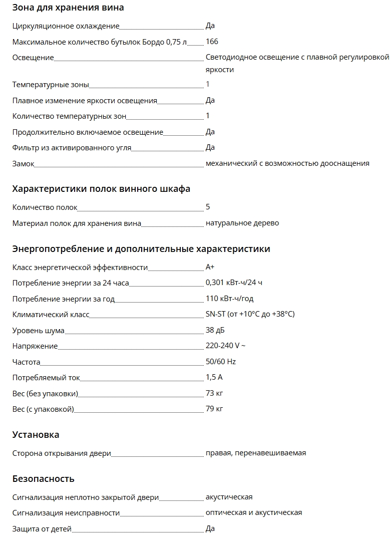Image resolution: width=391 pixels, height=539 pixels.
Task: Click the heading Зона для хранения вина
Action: (68, 8)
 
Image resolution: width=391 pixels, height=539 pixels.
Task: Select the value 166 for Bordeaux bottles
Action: (212, 42)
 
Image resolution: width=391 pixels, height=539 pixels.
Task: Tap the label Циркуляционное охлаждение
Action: (66, 26)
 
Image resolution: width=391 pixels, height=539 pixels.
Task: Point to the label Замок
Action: (23, 163)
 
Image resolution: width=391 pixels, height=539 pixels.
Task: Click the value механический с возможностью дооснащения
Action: (287, 163)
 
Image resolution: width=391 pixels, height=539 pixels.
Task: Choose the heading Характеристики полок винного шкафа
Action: (101, 189)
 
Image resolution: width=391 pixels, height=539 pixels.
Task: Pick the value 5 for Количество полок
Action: (208, 207)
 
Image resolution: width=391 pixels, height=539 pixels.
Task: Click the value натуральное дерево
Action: (242, 223)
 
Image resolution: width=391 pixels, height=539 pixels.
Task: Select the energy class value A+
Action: (210, 267)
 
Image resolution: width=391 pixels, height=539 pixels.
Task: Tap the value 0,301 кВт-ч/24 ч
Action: (234, 283)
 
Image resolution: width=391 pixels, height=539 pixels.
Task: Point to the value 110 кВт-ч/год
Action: (229, 299)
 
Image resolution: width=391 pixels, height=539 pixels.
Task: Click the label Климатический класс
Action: (51, 315)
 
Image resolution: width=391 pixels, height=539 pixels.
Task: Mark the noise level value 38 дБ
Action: (215, 330)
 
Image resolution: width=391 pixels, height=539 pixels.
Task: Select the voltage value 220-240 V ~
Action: (225, 346)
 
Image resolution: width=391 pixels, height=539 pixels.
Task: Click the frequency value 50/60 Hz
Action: (221, 362)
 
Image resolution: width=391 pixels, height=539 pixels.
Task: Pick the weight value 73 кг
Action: (214, 393)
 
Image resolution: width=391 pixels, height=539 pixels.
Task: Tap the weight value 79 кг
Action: (214, 409)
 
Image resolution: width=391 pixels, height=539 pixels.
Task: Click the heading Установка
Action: (36, 434)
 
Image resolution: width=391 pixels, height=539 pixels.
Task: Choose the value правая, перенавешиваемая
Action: (256, 453)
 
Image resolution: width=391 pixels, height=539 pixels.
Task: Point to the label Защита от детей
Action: (42, 528)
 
